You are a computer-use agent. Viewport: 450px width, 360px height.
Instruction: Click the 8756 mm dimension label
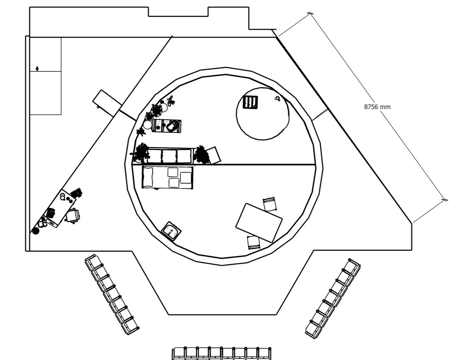pyautogui.click(x=377, y=107)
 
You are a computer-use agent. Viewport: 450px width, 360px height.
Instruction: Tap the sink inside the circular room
pyautogui.click(x=171, y=231)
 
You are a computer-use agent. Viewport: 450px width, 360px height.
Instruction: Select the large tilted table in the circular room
pyautogui.click(x=259, y=223)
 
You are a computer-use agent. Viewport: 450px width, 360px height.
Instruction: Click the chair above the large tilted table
pyautogui.click(x=270, y=204)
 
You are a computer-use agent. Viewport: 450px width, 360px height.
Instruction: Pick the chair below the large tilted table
pyautogui.click(x=253, y=242)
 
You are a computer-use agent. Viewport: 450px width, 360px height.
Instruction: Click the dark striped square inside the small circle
pyautogui.click(x=251, y=102)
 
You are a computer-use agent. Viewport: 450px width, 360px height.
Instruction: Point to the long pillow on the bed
pyautogui.click(x=148, y=177)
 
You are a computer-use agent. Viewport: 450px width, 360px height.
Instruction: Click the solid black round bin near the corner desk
pyautogui.click(x=36, y=231)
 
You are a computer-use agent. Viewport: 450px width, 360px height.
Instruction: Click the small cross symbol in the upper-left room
pyautogui.click(x=37, y=69)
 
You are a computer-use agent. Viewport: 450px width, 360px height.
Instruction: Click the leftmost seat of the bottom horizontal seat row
pyautogui.click(x=179, y=354)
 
